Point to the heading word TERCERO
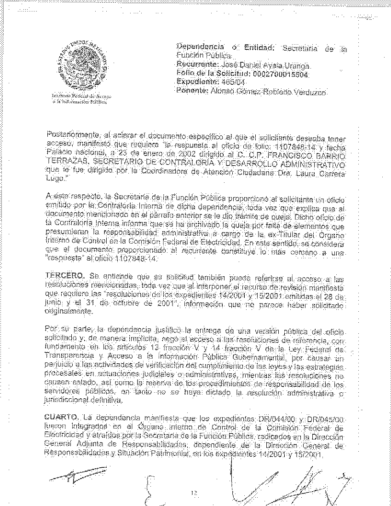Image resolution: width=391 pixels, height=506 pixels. tap(65, 275)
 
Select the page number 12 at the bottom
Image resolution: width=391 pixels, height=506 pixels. tap(195, 493)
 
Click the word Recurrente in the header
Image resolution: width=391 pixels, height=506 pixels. tap(193, 64)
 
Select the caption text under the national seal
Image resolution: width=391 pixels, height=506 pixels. tap(81, 98)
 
